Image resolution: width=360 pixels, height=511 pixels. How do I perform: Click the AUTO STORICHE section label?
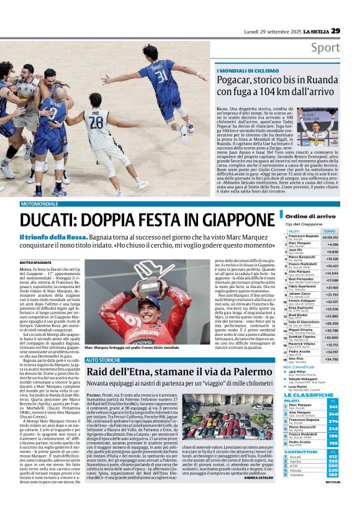click(103, 360)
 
